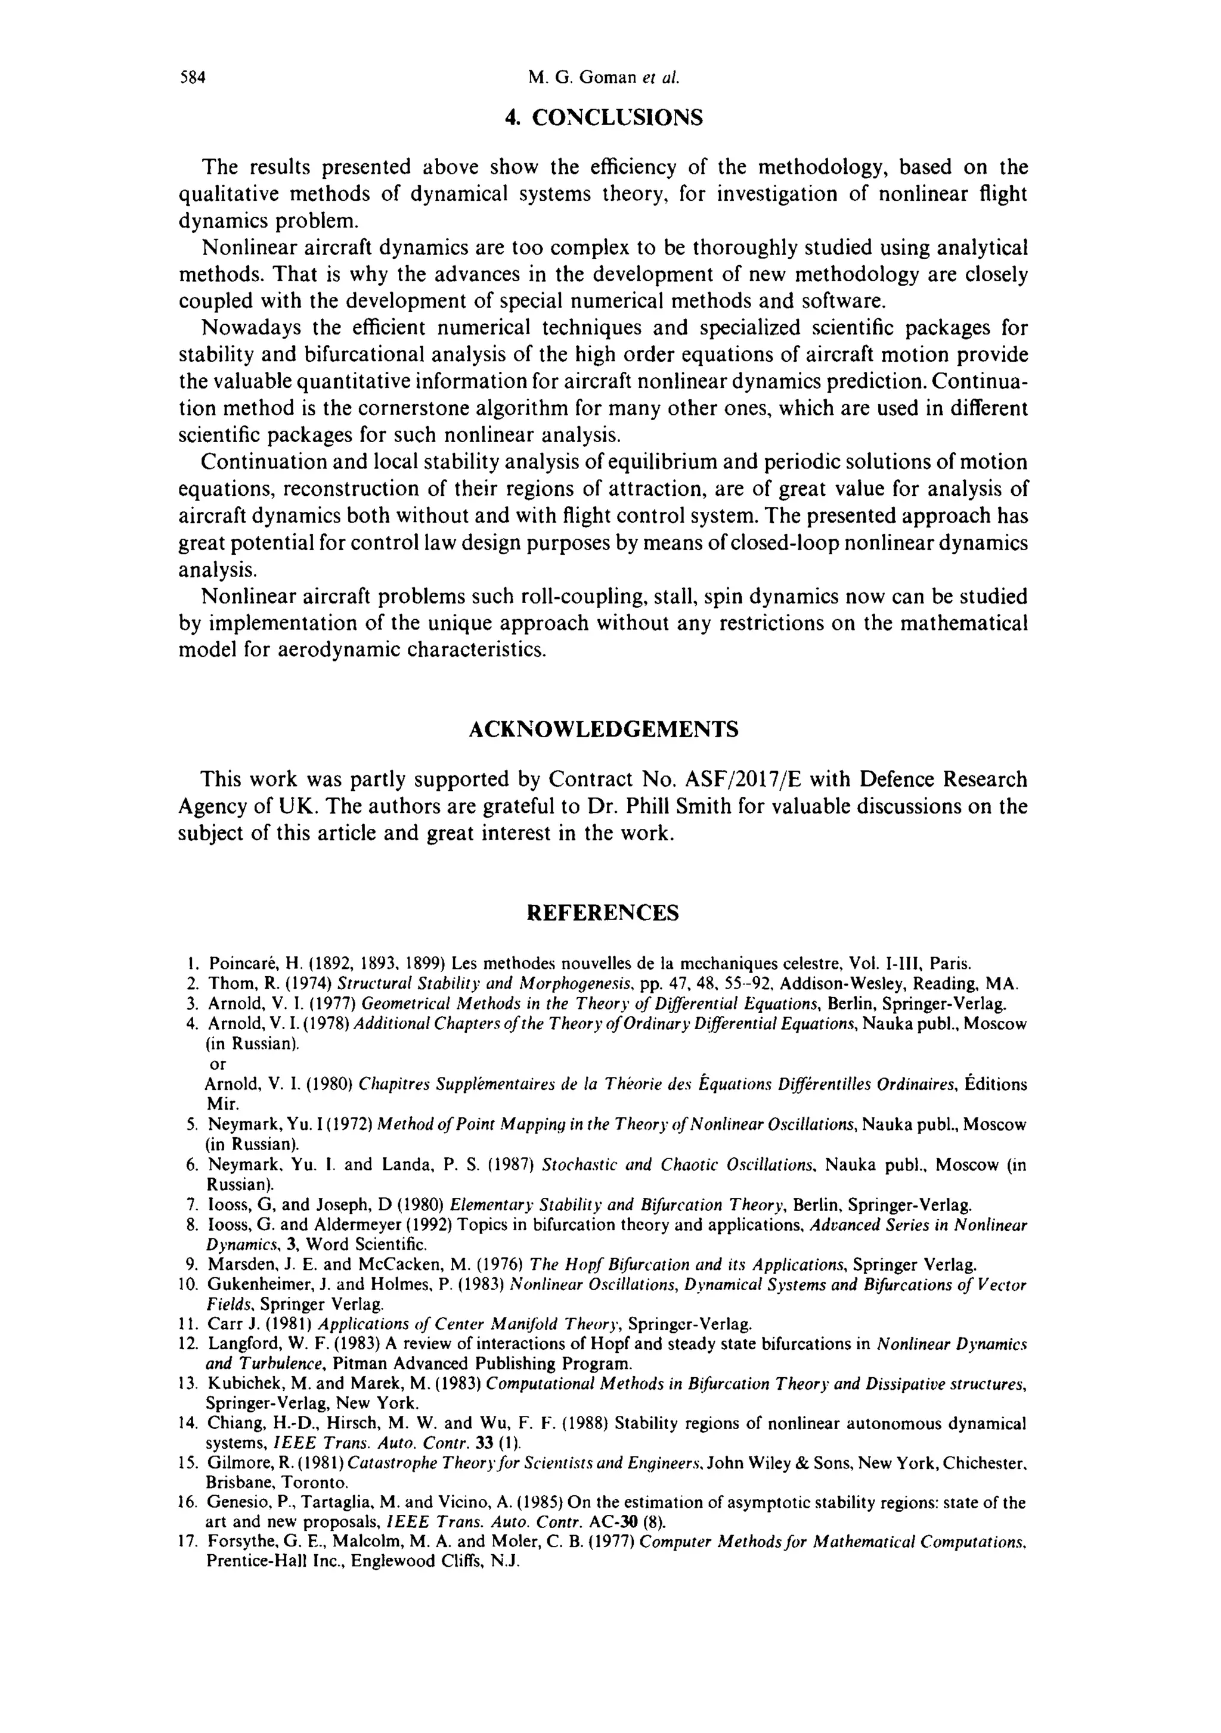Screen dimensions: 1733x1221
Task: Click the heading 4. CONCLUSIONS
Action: pyautogui.click(x=604, y=118)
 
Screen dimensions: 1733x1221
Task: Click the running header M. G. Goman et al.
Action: pyautogui.click(x=604, y=77)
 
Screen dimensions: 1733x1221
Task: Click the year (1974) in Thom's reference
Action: pyautogui.click(x=306, y=983)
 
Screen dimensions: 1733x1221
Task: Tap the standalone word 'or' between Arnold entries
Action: pyautogui.click(x=218, y=1064)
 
